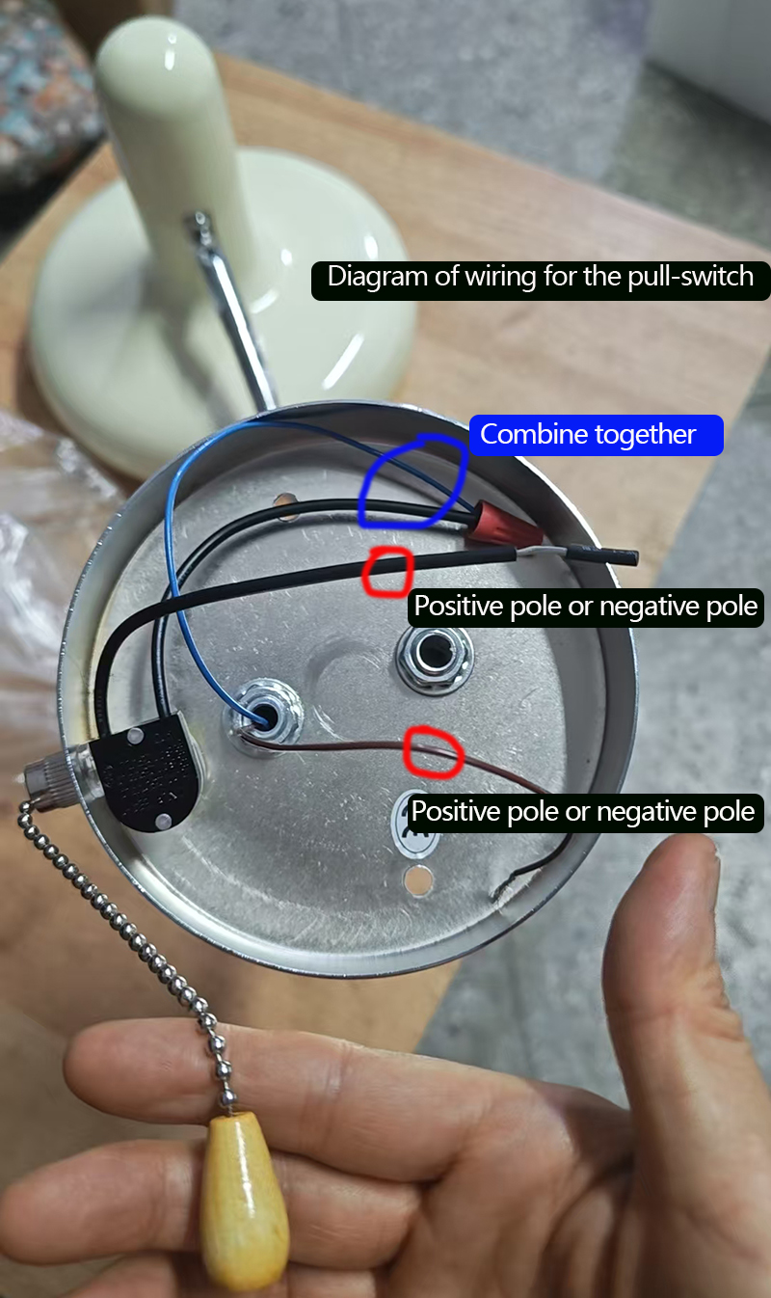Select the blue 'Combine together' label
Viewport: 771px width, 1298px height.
click(596, 435)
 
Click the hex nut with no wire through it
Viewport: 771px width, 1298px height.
click(435, 657)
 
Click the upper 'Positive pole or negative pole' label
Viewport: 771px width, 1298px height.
click(586, 608)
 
